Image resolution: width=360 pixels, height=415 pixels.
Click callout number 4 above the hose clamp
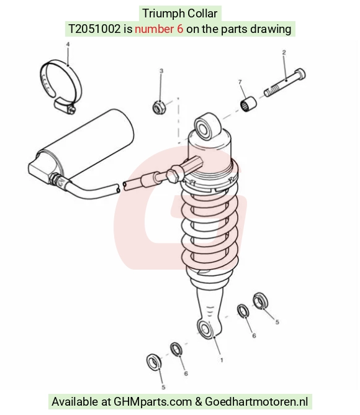coord(68,44)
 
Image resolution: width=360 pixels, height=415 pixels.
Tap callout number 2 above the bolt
coord(284,52)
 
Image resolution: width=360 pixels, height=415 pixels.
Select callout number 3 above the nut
coord(161,71)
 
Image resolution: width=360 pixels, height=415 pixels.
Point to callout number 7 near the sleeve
coord(240,82)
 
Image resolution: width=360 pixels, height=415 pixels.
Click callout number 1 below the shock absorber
coord(222,360)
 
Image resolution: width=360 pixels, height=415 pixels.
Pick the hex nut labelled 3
coord(160,107)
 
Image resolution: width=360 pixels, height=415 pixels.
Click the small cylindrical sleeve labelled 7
coord(248,104)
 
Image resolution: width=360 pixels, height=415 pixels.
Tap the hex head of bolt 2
coord(300,75)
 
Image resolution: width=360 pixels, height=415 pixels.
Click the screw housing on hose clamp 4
coord(65,106)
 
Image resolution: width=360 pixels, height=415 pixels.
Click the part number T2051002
coord(94,29)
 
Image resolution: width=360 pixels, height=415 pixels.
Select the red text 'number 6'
coord(159,29)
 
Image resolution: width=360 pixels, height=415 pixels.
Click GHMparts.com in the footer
coord(153,401)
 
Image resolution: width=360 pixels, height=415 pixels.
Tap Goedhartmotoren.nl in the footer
coord(256,401)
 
